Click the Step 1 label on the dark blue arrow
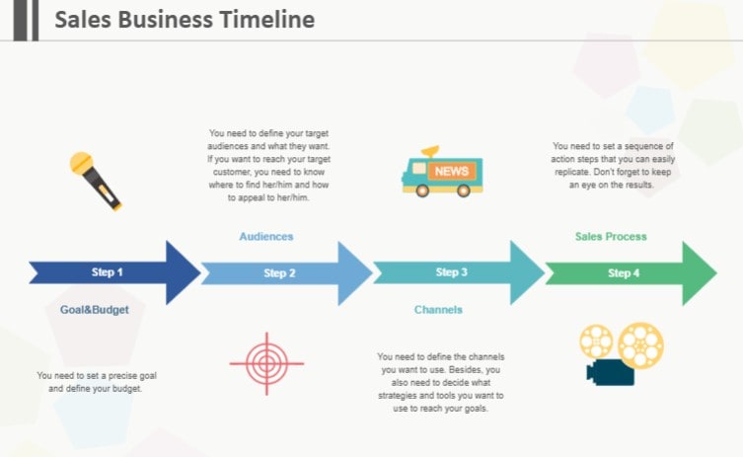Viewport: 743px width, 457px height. pos(108,272)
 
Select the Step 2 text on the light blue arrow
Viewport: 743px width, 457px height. pos(279,273)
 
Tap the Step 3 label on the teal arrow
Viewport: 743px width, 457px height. pos(451,272)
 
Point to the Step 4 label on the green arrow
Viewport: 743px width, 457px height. pos(624,273)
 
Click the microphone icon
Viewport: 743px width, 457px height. pos(96,180)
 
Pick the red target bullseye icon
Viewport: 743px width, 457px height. pos(265,363)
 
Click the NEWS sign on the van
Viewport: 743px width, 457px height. pos(451,172)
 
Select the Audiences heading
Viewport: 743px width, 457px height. pos(266,237)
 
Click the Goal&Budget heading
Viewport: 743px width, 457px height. pos(95,310)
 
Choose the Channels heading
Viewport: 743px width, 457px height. pos(438,310)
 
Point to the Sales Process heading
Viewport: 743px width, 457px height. pos(611,237)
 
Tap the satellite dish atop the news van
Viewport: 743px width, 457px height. pos(429,152)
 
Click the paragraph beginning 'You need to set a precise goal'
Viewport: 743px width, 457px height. pos(97,382)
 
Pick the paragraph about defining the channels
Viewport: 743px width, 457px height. pos(440,382)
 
